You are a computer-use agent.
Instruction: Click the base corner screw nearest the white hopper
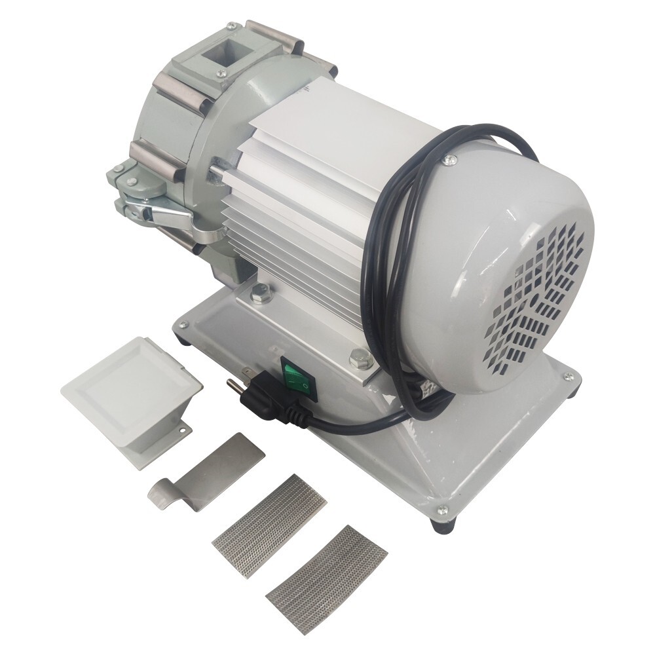pos(183,324)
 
